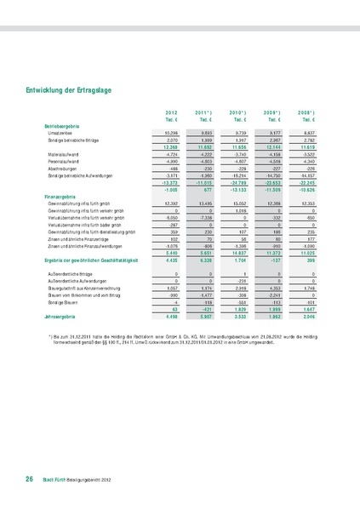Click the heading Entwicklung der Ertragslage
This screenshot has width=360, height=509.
(x=71, y=89)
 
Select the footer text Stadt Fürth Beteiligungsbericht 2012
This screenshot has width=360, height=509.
(x=79, y=482)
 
